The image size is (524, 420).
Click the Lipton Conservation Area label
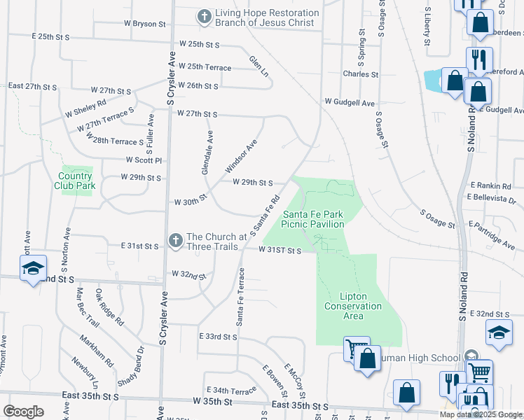(353, 306)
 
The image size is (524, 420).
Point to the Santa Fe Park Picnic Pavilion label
(312, 219)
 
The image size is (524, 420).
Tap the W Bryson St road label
(145, 24)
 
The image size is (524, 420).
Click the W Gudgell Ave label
(349, 102)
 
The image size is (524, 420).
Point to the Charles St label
(360, 73)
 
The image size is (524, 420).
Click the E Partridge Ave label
(493, 236)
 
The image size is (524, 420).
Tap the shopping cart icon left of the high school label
(356, 349)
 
